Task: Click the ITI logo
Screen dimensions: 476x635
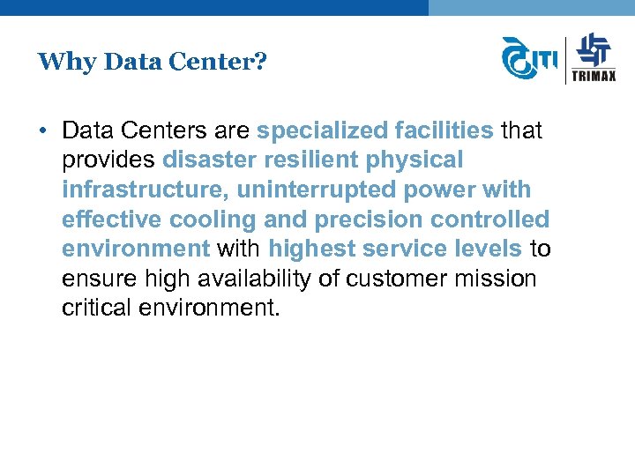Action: (529, 59)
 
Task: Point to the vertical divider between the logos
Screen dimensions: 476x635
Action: (565, 59)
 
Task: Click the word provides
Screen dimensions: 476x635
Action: (109, 160)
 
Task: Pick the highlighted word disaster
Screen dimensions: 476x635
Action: (205, 160)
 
